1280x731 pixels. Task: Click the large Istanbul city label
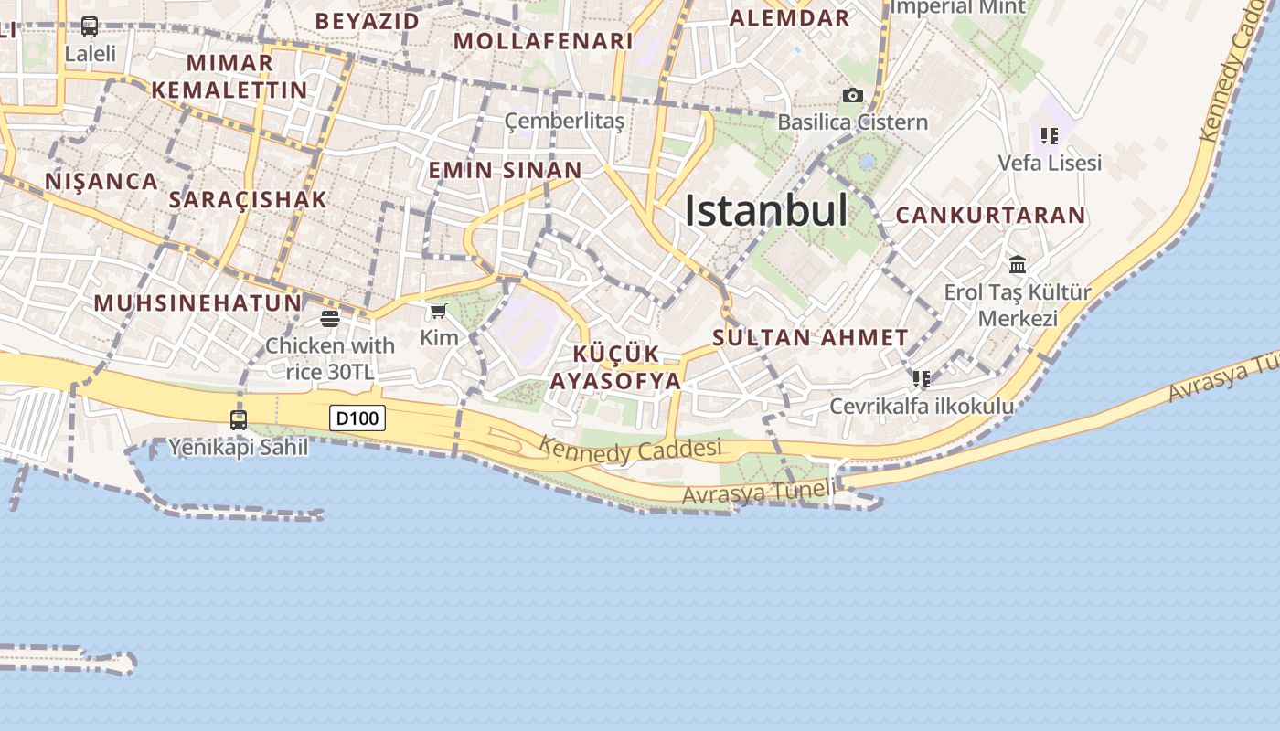(766, 211)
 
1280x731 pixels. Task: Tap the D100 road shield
(357, 418)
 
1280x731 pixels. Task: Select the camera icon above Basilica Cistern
(852, 95)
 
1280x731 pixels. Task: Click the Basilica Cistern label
(852, 122)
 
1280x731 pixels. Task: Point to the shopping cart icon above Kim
(439, 312)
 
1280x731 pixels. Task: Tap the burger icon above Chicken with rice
(330, 319)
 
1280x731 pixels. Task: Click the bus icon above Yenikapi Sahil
(239, 419)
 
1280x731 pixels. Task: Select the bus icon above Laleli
(90, 26)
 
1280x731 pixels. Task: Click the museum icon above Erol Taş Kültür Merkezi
(1018, 265)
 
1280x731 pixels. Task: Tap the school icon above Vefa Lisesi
(1049, 136)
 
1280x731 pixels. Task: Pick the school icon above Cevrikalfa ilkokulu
(921, 378)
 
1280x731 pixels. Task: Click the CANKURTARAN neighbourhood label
(991, 216)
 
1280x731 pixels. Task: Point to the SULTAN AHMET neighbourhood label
(811, 337)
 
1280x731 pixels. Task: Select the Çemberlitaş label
(565, 121)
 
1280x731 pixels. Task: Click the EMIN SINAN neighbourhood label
(506, 170)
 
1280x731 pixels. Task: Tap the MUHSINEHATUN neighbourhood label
(197, 302)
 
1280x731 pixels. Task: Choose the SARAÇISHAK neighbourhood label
(248, 200)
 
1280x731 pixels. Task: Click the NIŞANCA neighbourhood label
(101, 181)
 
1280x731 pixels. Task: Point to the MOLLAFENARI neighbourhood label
(543, 41)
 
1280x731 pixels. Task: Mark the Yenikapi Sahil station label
(239, 448)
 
